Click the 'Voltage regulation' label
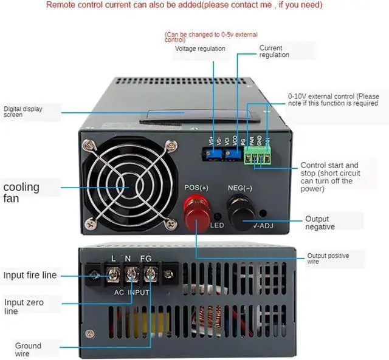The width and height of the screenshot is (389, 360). pos(200,49)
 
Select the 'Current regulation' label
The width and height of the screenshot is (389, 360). pos(275,51)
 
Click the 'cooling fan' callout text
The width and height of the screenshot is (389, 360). pos(21,192)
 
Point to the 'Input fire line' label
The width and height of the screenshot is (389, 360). pos(30,275)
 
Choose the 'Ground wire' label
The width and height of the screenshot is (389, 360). pos(28,350)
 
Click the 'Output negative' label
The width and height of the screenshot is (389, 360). pos(320,223)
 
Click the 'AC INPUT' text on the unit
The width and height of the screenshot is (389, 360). pos(132,291)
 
